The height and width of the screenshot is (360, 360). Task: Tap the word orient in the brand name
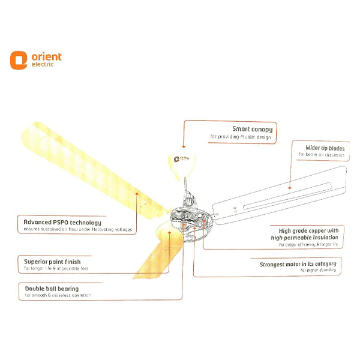click(46, 56)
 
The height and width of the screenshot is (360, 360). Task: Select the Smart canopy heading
click(252, 129)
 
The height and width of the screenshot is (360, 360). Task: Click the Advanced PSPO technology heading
click(62, 222)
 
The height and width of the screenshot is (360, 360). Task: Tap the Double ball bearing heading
click(53, 288)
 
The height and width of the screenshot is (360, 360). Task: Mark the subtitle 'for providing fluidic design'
click(241, 137)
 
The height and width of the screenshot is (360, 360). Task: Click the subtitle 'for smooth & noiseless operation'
click(58, 296)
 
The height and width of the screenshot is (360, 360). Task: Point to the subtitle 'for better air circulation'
click(322, 155)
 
